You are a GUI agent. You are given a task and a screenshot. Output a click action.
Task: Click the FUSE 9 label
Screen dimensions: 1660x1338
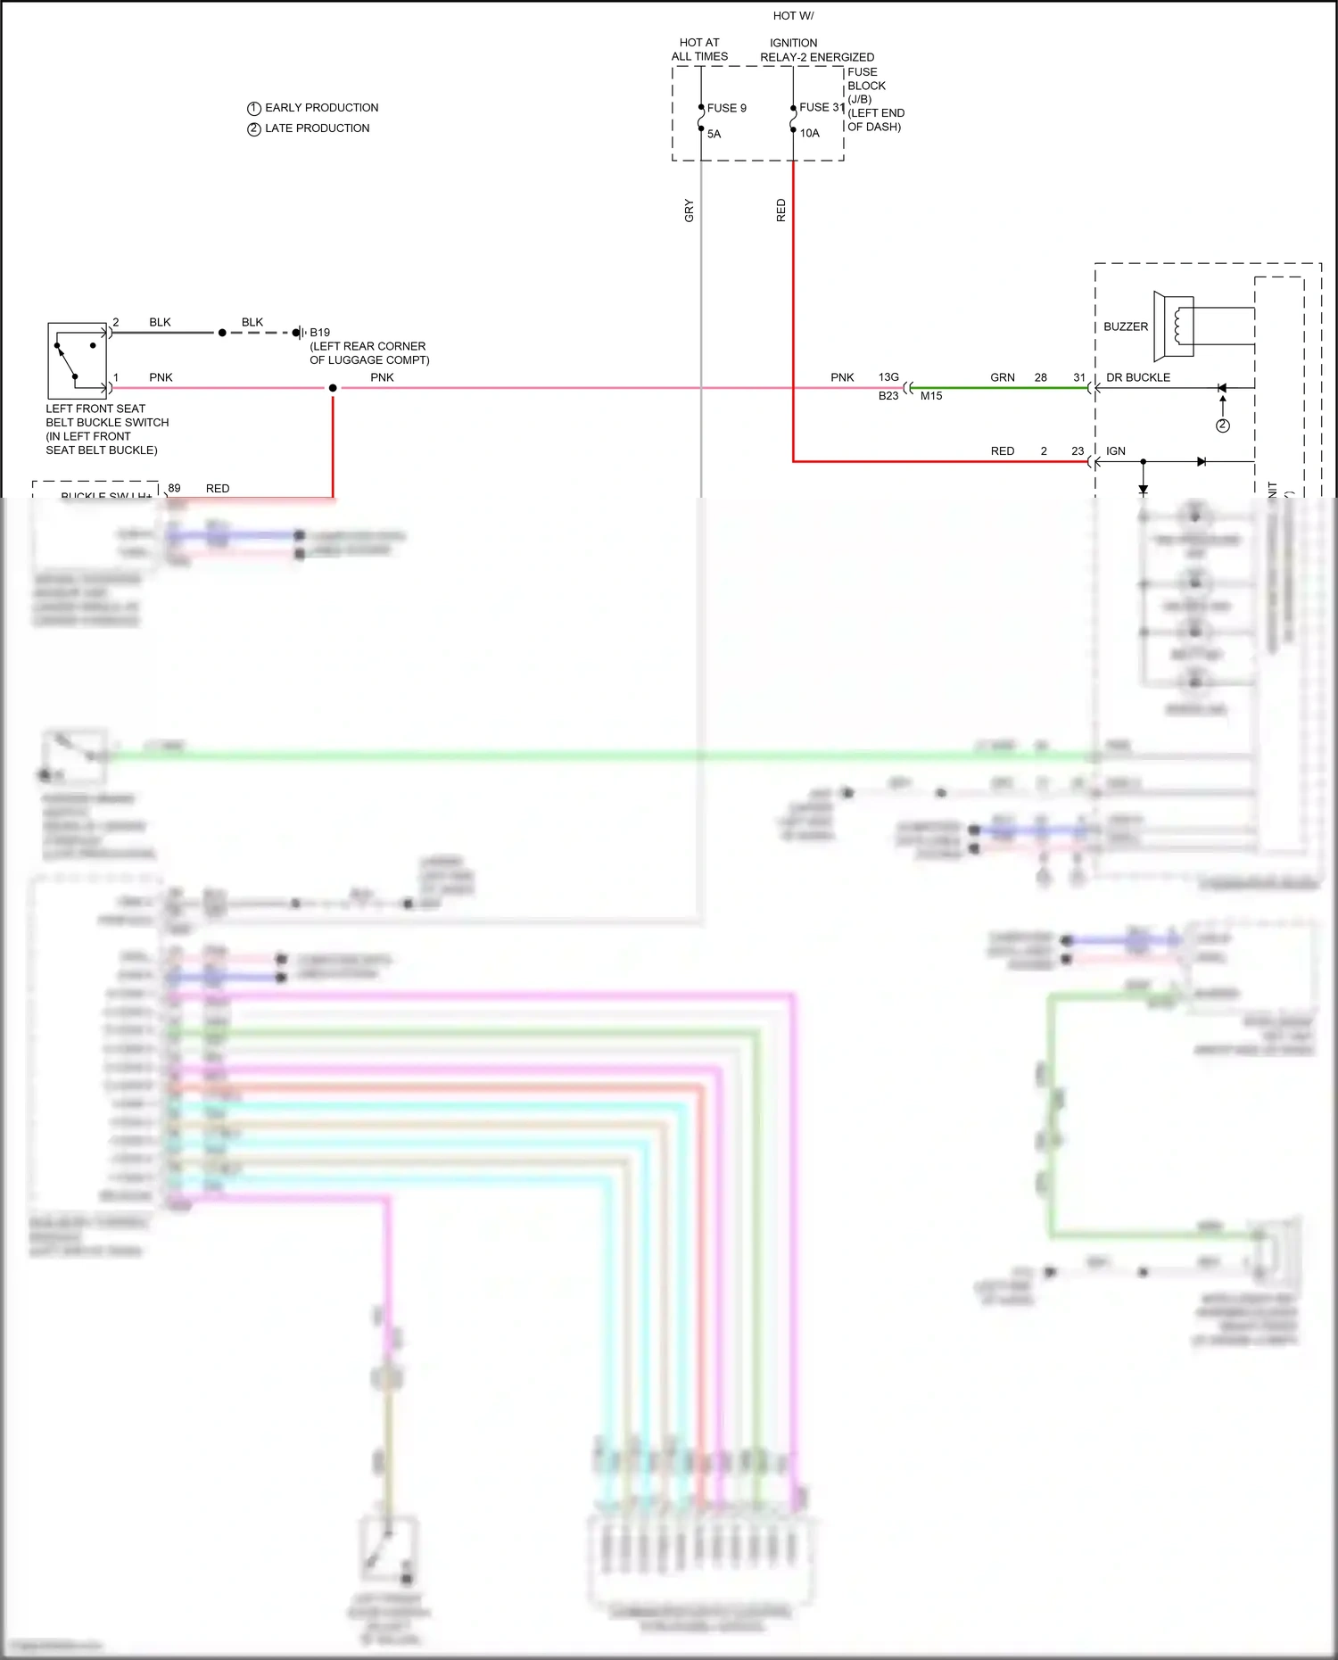tap(726, 108)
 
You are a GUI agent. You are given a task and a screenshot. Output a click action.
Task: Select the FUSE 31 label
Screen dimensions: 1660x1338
tap(821, 107)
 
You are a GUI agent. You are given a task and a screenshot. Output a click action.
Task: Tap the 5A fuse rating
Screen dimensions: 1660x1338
tap(714, 134)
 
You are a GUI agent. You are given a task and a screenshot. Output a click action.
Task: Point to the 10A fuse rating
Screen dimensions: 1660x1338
tap(809, 133)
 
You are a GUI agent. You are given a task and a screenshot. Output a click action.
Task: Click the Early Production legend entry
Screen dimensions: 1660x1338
tap(313, 108)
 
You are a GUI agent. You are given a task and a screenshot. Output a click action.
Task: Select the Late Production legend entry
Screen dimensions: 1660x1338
tap(309, 128)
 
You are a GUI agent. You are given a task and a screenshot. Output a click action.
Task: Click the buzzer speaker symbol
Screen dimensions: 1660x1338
tap(1173, 325)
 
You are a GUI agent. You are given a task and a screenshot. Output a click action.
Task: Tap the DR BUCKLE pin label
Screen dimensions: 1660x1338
tap(1137, 377)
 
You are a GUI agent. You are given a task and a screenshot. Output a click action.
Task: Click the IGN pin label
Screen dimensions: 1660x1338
tap(1115, 450)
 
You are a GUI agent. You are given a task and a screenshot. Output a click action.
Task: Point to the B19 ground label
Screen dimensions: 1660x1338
tap(319, 332)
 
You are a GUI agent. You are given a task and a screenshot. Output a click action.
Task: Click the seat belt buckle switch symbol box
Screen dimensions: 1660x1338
tap(77, 360)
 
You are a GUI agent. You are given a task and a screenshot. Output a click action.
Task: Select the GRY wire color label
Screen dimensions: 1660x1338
tap(689, 211)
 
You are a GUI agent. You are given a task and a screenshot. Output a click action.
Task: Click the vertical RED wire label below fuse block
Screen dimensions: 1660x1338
tap(780, 211)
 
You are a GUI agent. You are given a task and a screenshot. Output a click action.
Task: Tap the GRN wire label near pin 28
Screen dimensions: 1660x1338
tap(1002, 377)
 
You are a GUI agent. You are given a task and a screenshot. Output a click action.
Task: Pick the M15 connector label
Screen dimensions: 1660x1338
tap(930, 395)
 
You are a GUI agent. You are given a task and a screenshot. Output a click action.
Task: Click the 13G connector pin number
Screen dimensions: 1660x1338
tap(888, 377)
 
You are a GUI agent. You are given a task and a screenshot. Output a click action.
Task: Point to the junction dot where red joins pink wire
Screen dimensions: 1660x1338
tap(333, 388)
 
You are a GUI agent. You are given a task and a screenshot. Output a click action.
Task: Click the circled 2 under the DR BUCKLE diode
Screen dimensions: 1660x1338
tap(1222, 425)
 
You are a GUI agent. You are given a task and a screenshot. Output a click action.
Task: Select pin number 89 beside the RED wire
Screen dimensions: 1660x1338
tap(174, 488)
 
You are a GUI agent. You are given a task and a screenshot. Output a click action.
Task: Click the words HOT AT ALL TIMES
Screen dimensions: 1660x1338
tap(699, 49)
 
